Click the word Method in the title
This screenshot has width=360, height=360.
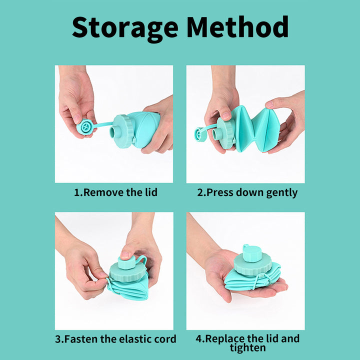[x=237, y=26]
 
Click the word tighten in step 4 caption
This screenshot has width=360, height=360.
[x=247, y=348]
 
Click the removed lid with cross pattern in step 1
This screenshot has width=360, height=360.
[x=85, y=126]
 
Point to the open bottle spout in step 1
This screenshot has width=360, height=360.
[x=113, y=132]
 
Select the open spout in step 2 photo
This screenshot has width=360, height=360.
[x=216, y=133]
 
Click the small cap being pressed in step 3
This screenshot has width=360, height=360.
[x=126, y=262]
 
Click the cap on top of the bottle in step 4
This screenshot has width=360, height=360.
[x=252, y=253]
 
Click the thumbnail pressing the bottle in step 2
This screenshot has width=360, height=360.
[x=226, y=115]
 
